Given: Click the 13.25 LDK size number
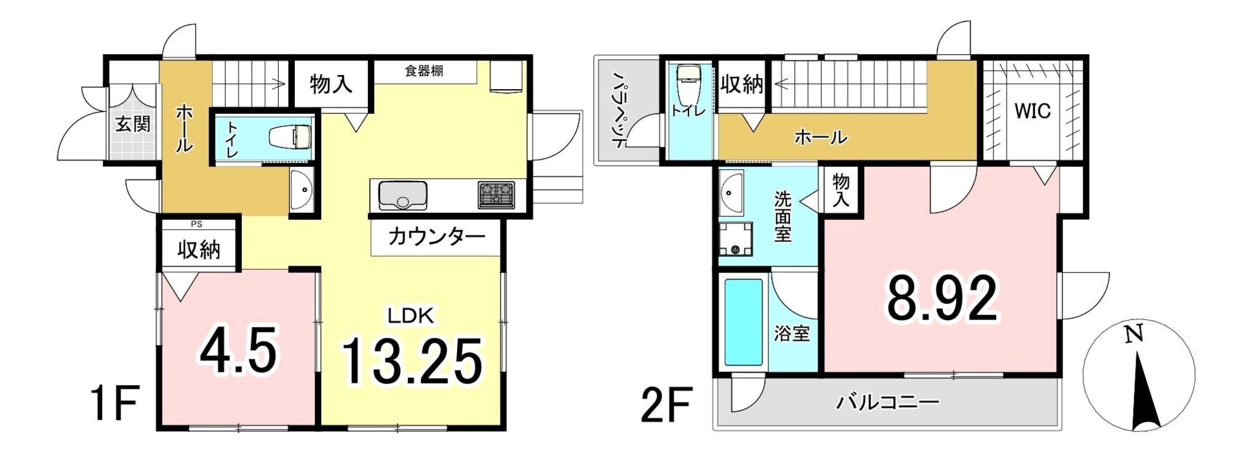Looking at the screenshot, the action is point(411,361).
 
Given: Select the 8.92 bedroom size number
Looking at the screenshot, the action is point(941,298).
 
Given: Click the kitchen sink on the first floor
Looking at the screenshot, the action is point(403,194).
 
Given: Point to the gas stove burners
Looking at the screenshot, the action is point(496,194).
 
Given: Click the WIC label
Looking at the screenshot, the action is point(1033,112).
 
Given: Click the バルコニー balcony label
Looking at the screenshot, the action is point(887,403).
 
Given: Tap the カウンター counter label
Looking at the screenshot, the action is point(437,237).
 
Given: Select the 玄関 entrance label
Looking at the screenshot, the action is point(133,125).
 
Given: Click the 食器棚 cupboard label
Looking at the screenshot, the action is point(424,71).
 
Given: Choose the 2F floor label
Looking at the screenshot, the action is point(667,404).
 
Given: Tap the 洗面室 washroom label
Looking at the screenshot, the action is point(783,217).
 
